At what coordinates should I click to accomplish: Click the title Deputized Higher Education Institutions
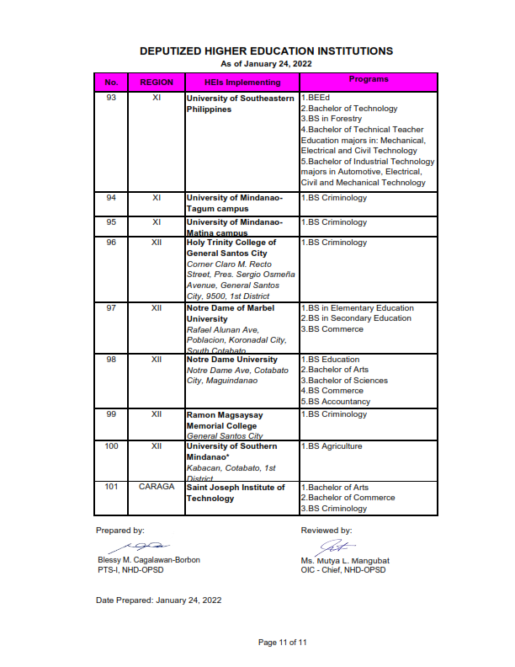266,51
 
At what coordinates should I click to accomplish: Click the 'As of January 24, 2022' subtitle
265,64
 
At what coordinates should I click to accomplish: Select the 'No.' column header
111,83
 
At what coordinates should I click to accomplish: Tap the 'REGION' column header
157,83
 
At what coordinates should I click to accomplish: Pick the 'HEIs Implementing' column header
242,83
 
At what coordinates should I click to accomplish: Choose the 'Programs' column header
369,80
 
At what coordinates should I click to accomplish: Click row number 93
111,98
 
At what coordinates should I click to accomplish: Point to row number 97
111,308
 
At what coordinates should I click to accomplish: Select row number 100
111,446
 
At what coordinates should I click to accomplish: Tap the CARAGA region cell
157,487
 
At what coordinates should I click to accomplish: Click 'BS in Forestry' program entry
332,119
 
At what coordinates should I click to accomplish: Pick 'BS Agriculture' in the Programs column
334,446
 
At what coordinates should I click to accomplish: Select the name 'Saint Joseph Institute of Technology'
236,493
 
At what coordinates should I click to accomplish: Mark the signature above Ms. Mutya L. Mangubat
334,546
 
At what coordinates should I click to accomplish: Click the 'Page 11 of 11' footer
283,643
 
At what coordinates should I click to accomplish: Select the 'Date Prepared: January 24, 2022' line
159,600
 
